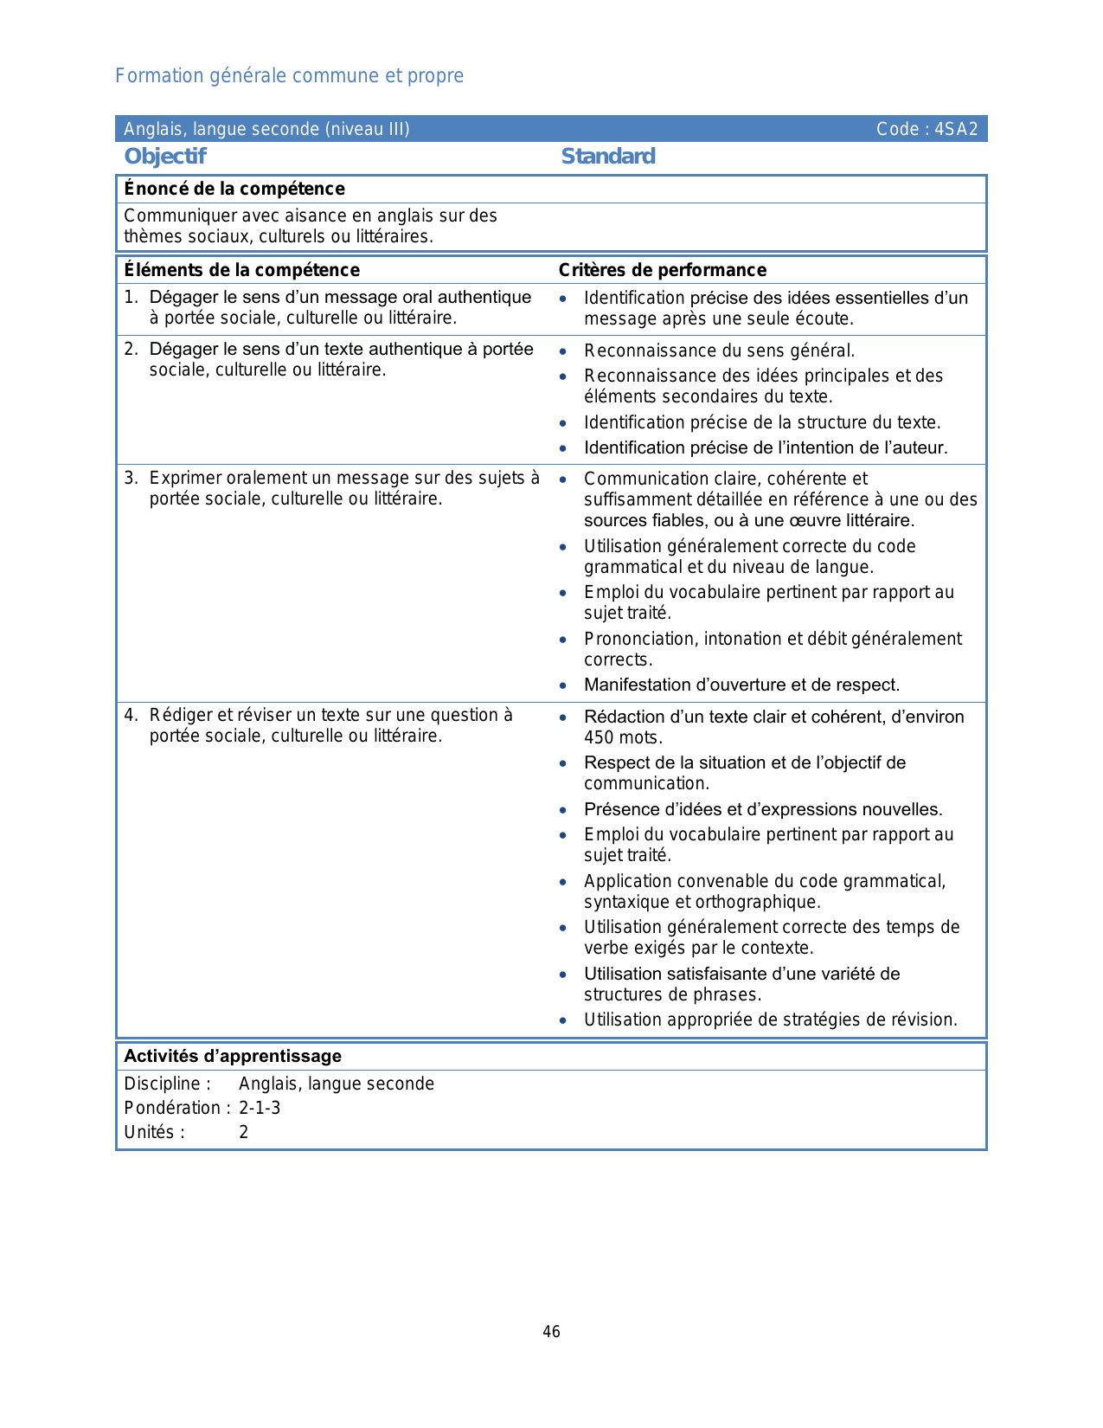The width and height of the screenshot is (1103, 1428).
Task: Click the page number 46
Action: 551,1331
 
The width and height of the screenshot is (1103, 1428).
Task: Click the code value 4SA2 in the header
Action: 956,129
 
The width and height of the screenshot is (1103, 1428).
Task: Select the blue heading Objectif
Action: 165,157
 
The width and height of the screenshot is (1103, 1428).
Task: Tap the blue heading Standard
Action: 608,157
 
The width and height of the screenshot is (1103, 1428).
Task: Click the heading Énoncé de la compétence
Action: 234,189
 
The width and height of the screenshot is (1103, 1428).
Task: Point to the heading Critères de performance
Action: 663,270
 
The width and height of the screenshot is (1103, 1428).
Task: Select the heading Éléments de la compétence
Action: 241,270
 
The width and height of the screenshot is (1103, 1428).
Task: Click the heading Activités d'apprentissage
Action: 233,1056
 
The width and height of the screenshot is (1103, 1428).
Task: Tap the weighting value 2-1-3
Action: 260,1108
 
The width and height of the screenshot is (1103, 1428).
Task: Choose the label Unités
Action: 154,1132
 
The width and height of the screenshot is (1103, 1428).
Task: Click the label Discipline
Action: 167,1084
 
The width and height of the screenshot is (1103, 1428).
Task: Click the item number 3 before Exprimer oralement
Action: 130,478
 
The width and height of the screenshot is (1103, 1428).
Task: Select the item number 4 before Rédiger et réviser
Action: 130,715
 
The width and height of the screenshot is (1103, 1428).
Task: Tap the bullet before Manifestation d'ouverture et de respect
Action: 563,685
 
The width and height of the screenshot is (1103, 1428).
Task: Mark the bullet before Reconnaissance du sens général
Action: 563,351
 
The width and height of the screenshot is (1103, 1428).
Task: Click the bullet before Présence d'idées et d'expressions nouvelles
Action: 563,810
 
